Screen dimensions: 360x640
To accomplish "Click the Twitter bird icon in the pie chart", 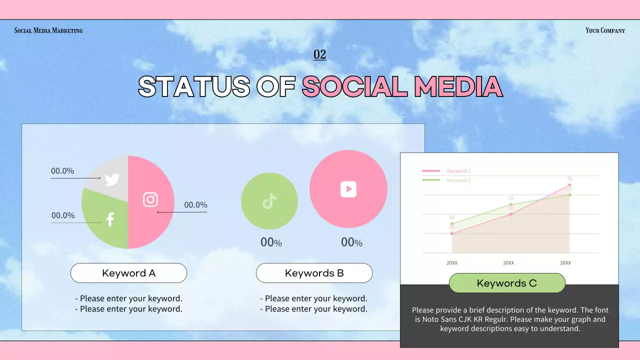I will tap(112, 179).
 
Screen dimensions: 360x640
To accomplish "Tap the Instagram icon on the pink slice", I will tap(150, 199).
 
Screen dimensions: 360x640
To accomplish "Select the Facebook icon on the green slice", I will tap(110, 219).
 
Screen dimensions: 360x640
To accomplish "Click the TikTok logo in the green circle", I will tap(269, 201).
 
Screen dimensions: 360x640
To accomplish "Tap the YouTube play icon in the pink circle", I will tap(348, 189).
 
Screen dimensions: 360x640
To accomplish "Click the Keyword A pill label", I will tap(128, 273).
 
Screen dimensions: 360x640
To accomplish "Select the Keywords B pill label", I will tap(314, 273).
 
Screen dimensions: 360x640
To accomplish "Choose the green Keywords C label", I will tap(507, 283).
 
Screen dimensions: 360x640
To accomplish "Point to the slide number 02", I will tap(319, 54).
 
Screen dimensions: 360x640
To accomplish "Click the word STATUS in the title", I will tap(194, 86).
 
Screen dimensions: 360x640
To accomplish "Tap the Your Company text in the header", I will tap(605, 30).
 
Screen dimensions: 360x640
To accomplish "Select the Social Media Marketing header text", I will tap(48, 30).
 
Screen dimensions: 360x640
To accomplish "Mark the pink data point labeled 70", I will tap(569, 185).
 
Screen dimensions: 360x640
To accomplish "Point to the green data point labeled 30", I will tap(452, 223).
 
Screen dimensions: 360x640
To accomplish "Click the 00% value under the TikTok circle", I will tap(271, 242).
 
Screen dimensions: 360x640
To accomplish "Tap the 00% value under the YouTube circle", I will tap(351, 242).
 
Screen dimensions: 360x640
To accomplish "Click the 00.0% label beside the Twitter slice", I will tap(62, 171).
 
